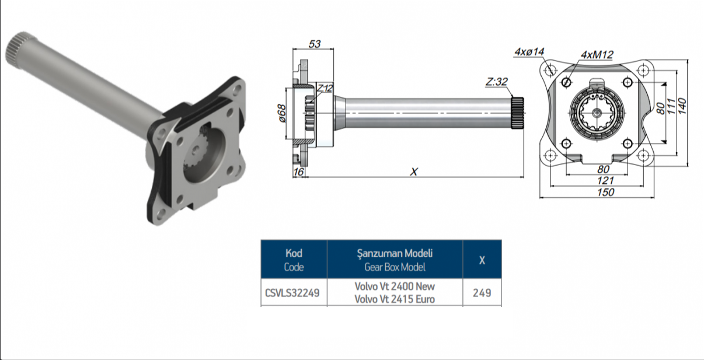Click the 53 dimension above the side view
pos(314,44)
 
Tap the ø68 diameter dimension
pos(282,113)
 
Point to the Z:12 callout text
pos(325,88)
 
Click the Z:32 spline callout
pos(497,82)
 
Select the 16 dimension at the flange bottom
pos(298,172)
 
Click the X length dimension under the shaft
pos(414,172)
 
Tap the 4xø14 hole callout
pos(529,52)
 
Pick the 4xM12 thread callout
pos(597,55)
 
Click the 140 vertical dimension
pos(682,106)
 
